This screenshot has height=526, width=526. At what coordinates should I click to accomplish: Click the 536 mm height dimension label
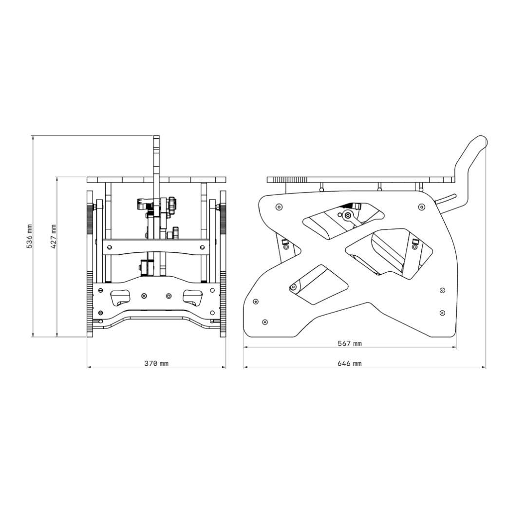point(30,236)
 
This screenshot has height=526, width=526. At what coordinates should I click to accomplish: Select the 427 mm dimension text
point(54,237)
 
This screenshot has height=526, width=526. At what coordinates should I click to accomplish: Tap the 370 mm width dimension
point(156,363)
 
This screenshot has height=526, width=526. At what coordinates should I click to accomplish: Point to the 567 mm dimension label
point(350,343)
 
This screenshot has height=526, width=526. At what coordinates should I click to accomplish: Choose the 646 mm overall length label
point(350,363)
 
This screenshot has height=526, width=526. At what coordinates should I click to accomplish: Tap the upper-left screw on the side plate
point(279,207)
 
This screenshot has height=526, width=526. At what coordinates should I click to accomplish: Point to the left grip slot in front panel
point(120,298)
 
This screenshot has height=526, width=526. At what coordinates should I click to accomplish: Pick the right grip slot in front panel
point(192,298)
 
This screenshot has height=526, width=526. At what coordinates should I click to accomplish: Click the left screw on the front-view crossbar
point(109,247)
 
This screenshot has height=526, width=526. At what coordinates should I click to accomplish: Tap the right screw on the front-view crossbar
point(202,247)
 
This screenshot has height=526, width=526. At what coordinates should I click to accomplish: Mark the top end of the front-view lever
point(156,137)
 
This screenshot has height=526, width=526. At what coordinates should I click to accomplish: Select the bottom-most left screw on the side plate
point(264,322)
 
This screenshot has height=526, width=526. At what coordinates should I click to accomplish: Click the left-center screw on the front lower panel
point(144,296)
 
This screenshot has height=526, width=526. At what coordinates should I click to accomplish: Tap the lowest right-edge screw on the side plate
point(442,313)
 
